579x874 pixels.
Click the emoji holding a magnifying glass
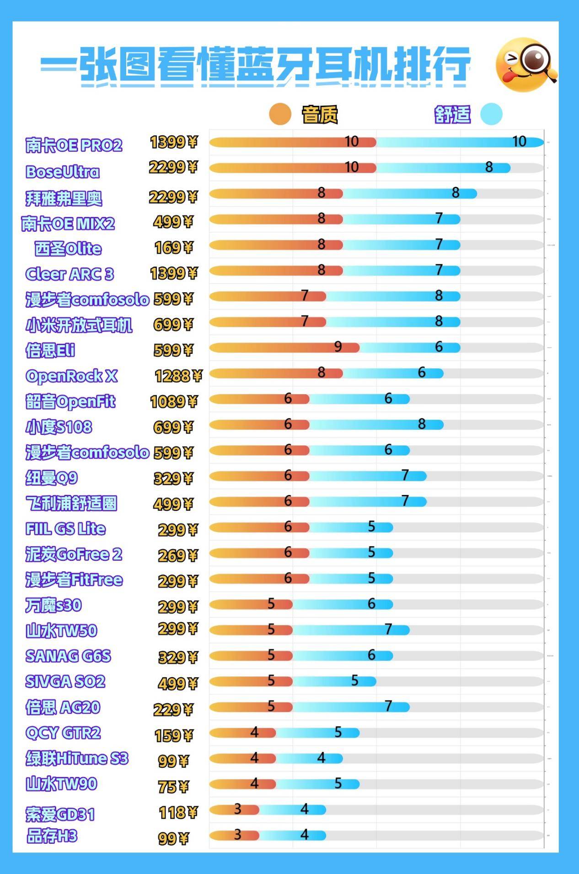point(526,64)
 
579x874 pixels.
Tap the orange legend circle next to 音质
point(280,114)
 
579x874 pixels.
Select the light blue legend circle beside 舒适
point(491,114)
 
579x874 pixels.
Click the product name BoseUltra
point(62,172)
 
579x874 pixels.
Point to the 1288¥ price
point(178,376)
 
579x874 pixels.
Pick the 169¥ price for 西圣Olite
point(174,248)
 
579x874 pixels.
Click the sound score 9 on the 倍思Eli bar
point(338,347)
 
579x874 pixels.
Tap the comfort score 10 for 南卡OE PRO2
point(519,141)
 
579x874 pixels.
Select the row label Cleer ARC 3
point(69,274)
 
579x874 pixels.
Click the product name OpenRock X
point(71,376)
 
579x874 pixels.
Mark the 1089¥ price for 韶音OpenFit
point(174,402)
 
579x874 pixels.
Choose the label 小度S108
point(59,427)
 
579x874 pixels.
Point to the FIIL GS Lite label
point(65,529)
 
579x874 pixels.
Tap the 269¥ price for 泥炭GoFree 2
point(178,555)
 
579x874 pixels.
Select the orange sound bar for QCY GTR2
point(242,733)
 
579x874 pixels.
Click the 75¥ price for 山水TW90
point(173,787)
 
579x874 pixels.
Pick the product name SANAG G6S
point(68,656)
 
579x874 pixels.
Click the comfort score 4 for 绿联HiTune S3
point(321,758)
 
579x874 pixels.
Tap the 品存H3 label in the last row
point(52,836)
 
